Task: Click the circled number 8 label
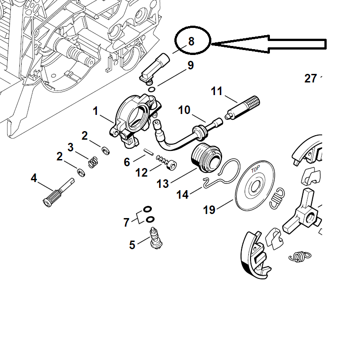[x=191, y=41]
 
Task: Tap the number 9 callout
[x=191, y=66]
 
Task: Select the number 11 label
[x=217, y=91]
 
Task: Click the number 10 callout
[x=184, y=110]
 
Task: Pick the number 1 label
[x=96, y=111]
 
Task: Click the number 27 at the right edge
[x=310, y=78]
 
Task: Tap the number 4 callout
[x=34, y=178]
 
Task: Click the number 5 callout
[x=132, y=245]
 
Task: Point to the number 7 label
[x=127, y=222]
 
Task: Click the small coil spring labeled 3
[x=93, y=161]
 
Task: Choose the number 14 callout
[x=182, y=195]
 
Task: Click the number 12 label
[x=141, y=173]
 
